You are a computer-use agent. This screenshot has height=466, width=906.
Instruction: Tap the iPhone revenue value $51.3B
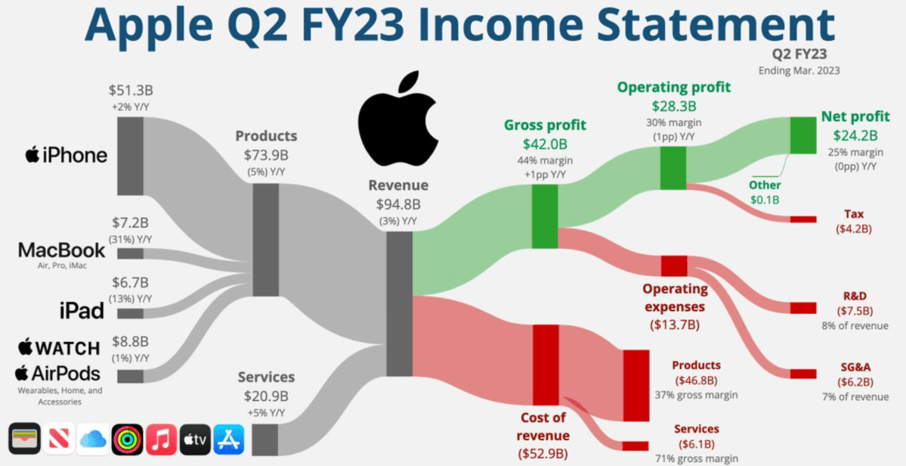tap(131, 91)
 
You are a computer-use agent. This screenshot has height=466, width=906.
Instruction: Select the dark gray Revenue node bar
tap(399, 303)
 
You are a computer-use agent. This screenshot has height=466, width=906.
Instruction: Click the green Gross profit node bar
tap(545, 217)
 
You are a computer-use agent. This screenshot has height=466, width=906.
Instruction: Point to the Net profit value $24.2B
tap(855, 136)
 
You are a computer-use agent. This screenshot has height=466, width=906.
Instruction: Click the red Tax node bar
tap(803, 219)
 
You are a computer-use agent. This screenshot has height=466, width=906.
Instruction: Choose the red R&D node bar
tap(803, 308)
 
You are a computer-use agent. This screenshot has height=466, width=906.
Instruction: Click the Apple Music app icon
tap(161, 439)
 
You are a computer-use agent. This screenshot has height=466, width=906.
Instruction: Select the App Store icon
tap(229, 439)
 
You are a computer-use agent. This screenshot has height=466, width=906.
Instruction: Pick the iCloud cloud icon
tap(92, 439)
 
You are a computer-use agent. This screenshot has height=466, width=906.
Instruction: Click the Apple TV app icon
tap(195, 439)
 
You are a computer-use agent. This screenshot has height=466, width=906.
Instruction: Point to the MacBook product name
tap(62, 250)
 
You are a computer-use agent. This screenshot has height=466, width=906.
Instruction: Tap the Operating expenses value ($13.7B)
tap(674, 325)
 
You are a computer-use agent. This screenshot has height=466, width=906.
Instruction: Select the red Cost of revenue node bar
tap(545, 364)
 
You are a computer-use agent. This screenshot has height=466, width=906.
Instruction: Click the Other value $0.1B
tap(765, 200)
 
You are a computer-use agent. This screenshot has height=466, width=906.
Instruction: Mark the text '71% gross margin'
tap(697, 458)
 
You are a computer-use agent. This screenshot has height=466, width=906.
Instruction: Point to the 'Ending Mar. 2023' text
tap(799, 71)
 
